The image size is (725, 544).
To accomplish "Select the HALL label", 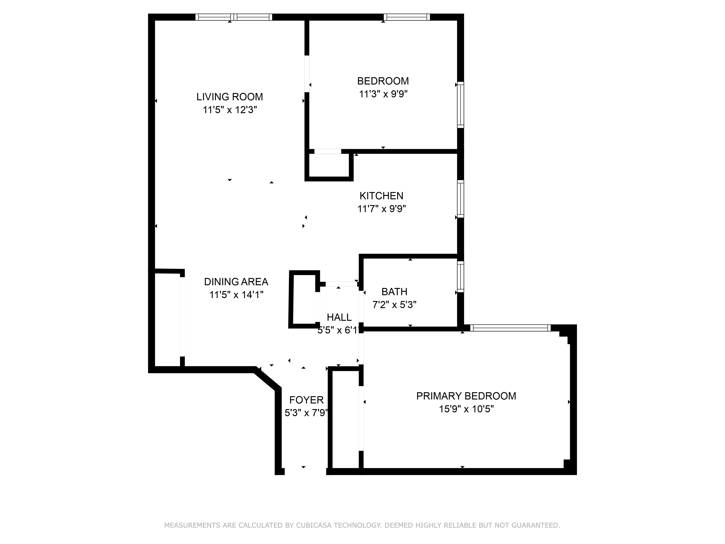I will [x=339, y=317].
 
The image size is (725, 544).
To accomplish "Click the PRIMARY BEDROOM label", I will [x=466, y=396].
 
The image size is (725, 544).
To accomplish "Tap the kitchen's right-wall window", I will [x=461, y=199].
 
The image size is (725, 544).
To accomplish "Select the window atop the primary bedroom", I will [x=510, y=328].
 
